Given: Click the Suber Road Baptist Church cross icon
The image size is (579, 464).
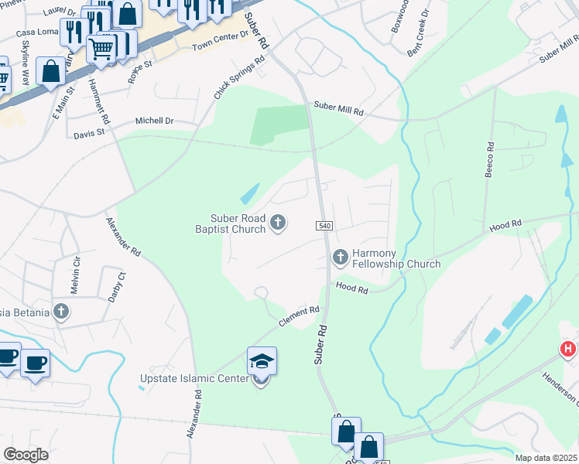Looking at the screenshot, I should click(x=278, y=224).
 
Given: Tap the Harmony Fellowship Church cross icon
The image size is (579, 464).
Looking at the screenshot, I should click(x=340, y=258).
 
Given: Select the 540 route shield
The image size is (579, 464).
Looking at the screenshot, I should click(x=324, y=225).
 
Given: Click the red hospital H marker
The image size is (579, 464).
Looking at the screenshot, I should click(x=568, y=350).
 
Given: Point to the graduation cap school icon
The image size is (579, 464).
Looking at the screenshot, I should click(x=262, y=360).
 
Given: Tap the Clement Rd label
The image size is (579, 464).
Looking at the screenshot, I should click(x=300, y=315).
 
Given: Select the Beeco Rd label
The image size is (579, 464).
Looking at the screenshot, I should click(x=489, y=159).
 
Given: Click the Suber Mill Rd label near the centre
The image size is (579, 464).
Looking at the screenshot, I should click(x=338, y=111).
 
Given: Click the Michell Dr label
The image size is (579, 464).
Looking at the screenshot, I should click(x=155, y=121).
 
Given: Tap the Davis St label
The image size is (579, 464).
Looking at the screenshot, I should click(x=89, y=133).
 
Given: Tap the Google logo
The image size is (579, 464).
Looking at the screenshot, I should click(x=26, y=454).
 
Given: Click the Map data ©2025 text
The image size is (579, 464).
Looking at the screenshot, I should click(x=546, y=458).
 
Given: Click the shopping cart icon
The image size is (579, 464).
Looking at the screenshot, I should click(x=101, y=49).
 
